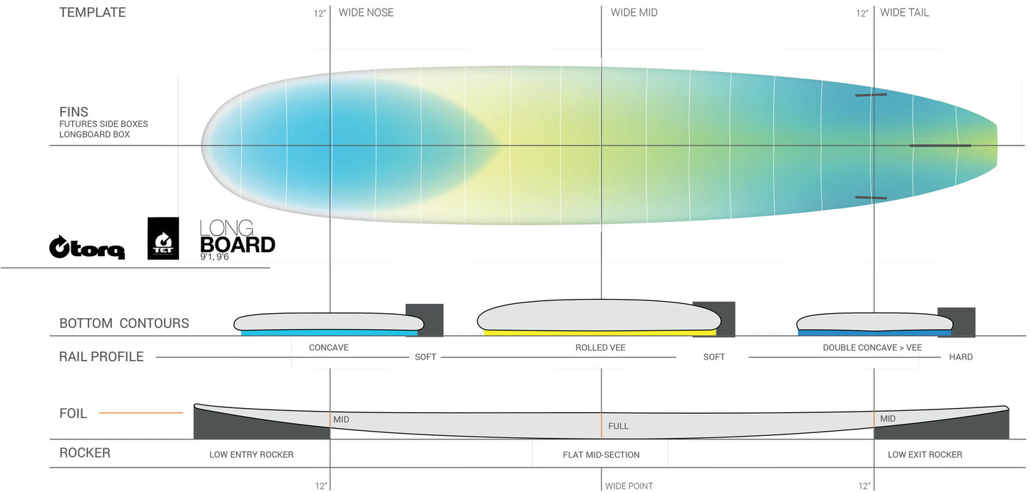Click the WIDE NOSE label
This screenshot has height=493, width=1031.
coord(366,13)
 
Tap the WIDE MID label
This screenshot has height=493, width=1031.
coord(634,13)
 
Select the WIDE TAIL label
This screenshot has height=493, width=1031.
coord(904,13)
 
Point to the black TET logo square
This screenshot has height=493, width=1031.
coord(163,238)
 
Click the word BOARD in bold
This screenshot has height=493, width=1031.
coord(238,245)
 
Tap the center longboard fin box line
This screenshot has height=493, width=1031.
coord(940,146)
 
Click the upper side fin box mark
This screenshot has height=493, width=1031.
coord(870,95)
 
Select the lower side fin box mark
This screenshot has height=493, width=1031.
coord(870,197)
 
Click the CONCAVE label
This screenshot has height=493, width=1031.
coord(328,348)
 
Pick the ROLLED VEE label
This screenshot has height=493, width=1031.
coord(601,348)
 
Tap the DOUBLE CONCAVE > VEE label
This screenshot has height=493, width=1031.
coord(872,348)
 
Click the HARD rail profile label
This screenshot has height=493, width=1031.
coord(960,357)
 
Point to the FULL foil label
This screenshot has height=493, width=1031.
coord(618,426)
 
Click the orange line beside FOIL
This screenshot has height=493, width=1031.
coord(141,413)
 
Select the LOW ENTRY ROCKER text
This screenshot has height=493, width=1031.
coord(251,454)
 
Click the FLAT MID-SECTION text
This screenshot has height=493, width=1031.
coord(601,454)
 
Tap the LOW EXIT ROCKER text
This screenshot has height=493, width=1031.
coord(925,454)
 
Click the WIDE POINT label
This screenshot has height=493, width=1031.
coord(629,487)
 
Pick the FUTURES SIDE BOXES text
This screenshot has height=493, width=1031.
coord(103,124)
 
